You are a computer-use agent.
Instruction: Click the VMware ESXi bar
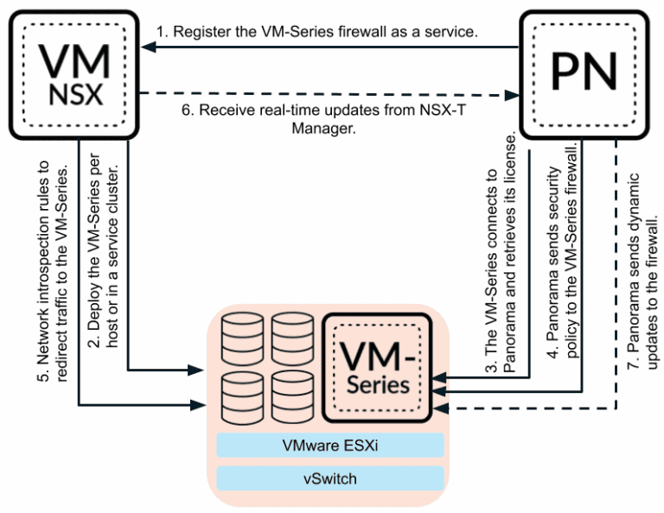point(329,445)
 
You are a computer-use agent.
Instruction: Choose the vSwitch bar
point(329,478)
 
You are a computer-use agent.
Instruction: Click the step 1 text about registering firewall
point(329,32)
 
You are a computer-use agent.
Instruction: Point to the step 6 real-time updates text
point(329,118)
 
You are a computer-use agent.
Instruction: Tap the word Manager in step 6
point(329,127)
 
